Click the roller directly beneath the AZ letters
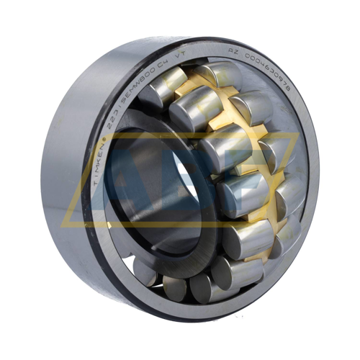pyautogui.click(x=249, y=106)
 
